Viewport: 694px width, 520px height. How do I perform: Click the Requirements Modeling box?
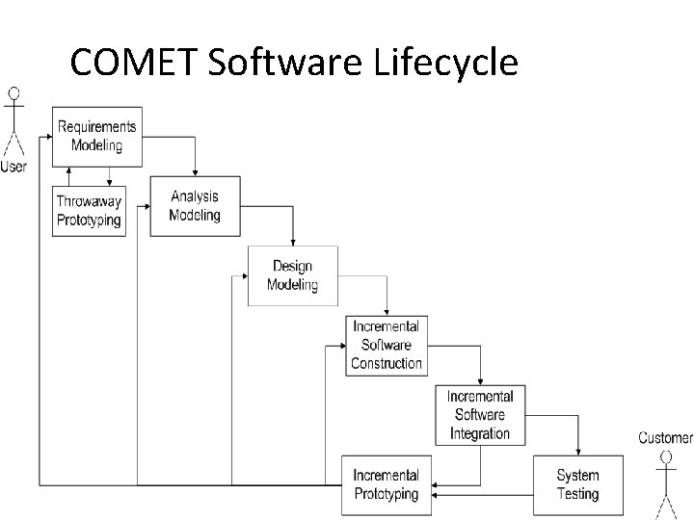pyautogui.click(x=96, y=136)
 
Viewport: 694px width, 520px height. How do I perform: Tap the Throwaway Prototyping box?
pyautogui.click(x=89, y=210)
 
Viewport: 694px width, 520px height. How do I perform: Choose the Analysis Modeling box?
pyautogui.click(x=195, y=206)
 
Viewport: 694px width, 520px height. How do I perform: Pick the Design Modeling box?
pyautogui.click(x=292, y=275)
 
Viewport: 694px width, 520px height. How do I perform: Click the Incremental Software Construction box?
pyautogui.click(x=387, y=345)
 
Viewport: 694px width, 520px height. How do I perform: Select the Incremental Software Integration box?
pyautogui.click(x=480, y=415)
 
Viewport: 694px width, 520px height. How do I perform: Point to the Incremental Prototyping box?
pyautogui.click(x=386, y=484)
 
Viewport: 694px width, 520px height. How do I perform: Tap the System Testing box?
pyautogui.click(x=577, y=484)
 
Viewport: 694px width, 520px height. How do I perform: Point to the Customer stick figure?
pyautogui.click(x=665, y=477)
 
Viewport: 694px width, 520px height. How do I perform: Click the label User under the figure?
pyautogui.click(x=13, y=166)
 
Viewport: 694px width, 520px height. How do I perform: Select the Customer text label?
pyautogui.click(x=665, y=438)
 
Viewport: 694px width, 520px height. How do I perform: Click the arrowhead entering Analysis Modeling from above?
pyautogui.click(x=195, y=172)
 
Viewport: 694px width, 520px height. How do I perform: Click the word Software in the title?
pyautogui.click(x=288, y=63)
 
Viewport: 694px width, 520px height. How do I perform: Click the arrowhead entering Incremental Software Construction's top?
pyautogui.click(x=387, y=311)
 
